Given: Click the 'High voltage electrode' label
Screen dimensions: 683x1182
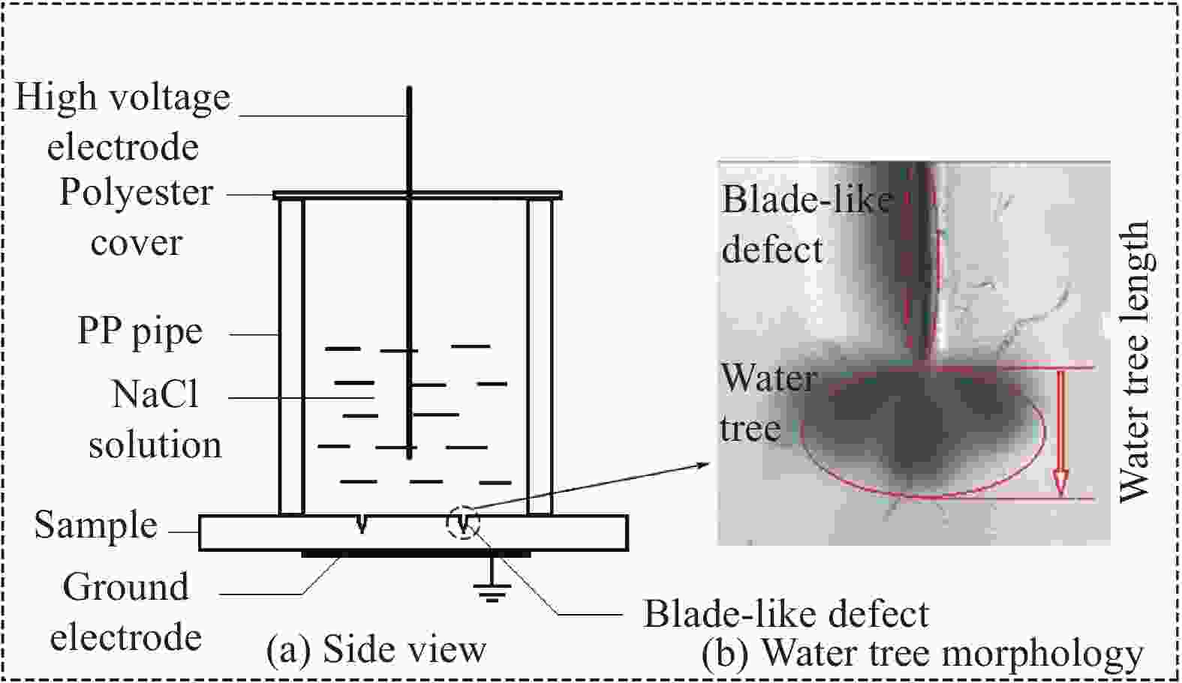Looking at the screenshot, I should pos(123,121).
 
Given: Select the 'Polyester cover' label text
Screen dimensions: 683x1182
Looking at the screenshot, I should pos(136,217).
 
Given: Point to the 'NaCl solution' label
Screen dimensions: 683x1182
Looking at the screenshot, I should pos(155,419).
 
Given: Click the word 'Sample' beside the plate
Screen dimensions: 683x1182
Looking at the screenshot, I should pos(96,525).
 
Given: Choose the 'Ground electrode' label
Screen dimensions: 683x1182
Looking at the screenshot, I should pos(125,612).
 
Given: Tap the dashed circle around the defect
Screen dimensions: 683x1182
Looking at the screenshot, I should pos(464,522).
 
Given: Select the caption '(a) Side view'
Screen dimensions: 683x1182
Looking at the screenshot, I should pos(377,649).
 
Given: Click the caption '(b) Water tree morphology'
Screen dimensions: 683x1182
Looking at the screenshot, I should pos(922,654).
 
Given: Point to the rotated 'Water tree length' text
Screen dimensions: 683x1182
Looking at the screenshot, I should pos(1133,361).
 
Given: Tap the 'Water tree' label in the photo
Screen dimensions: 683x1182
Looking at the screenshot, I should pos(767,403).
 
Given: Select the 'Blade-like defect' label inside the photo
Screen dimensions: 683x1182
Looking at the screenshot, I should pos(806,224).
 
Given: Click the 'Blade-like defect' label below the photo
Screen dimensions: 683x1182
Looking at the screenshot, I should pos(786,615).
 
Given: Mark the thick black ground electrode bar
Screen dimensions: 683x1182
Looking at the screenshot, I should pos(416,554).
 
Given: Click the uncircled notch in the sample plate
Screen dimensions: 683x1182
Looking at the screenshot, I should pos(362,524).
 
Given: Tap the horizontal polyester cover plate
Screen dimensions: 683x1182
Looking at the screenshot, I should pos(417,196).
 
